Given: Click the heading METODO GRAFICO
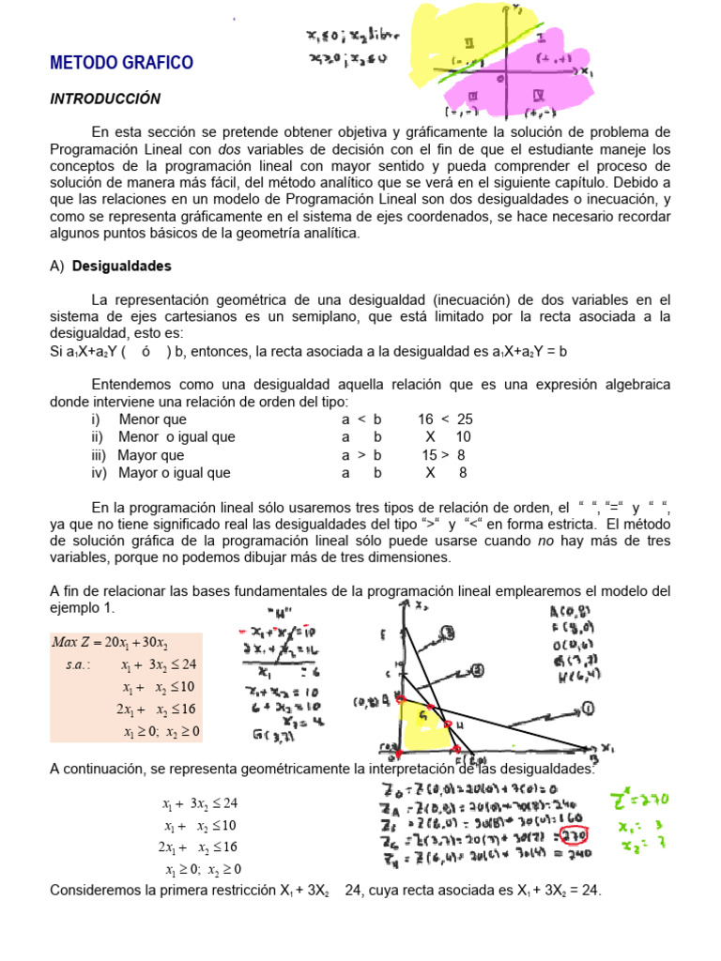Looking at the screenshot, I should click(121, 63).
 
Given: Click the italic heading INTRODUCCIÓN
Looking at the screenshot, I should click(105, 99).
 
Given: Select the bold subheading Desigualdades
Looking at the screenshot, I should click(122, 266).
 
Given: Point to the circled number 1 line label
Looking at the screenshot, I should click(588, 707).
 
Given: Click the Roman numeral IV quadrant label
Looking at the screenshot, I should click(538, 96).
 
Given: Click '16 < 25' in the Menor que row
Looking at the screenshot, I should click(445, 419).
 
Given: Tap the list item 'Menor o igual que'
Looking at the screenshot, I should click(163, 437).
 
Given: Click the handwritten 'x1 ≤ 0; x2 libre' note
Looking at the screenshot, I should click(352, 38).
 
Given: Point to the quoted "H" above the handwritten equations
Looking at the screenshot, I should click(281, 616).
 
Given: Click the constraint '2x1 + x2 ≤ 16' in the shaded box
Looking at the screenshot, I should click(158, 709).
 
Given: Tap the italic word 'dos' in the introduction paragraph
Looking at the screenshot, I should click(229, 148).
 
